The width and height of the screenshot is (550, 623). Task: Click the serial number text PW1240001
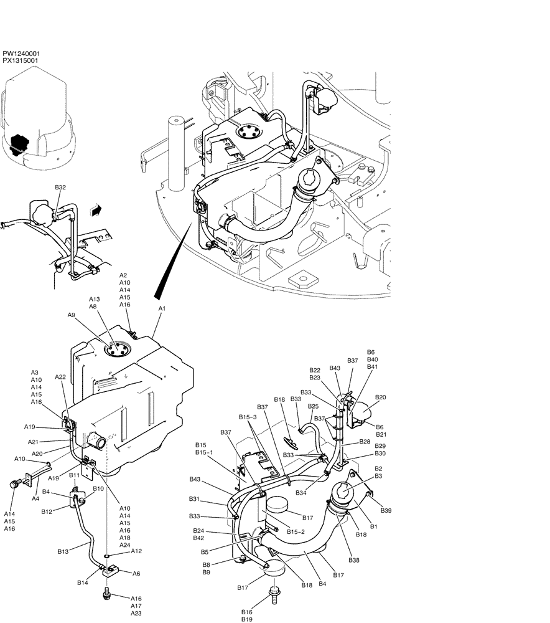(21, 54)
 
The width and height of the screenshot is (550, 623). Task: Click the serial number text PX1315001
(21, 61)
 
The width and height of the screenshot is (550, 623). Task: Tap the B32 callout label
(60, 187)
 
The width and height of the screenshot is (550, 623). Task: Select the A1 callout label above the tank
(162, 309)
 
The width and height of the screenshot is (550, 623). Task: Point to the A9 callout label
(72, 316)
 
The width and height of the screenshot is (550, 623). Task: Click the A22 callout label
(61, 377)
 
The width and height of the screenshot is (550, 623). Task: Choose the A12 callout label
(136, 551)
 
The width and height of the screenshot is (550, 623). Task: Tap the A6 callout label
(136, 574)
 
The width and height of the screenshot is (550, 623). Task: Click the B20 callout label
(380, 397)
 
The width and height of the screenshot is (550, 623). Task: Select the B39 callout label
(386, 510)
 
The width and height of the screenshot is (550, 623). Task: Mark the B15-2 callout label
(296, 531)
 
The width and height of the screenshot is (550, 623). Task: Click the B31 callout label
(195, 499)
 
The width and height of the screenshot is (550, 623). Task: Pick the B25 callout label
(313, 406)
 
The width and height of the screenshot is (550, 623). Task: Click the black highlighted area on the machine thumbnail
(21, 143)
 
